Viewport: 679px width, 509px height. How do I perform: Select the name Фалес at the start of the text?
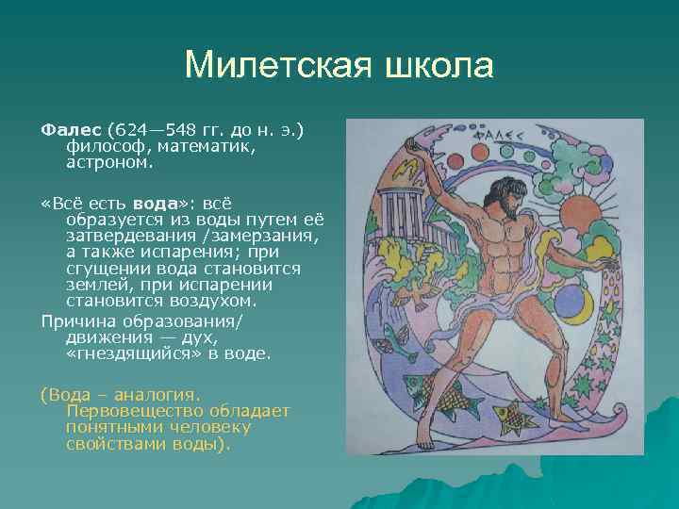[72, 126]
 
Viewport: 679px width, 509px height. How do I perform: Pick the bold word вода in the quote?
[156, 203]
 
